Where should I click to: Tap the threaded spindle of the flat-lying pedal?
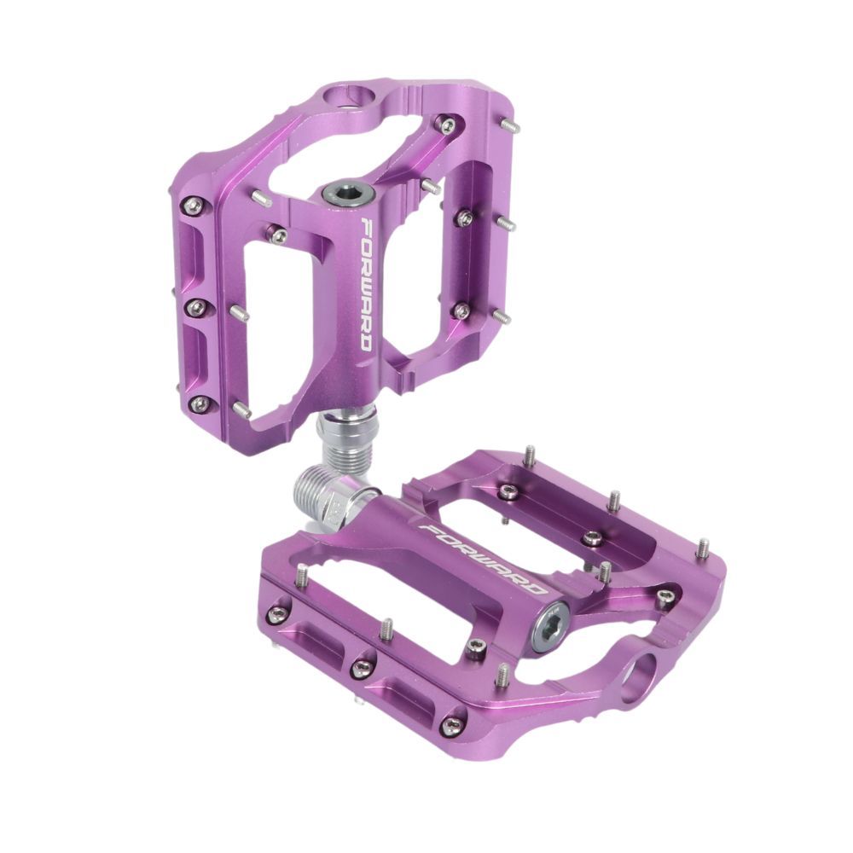(x=320, y=494)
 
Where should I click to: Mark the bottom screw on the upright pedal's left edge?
(x=199, y=404)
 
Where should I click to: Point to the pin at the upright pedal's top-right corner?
(x=510, y=126)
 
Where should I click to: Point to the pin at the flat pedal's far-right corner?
(x=701, y=548)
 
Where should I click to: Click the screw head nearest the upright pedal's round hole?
(x=446, y=125)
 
